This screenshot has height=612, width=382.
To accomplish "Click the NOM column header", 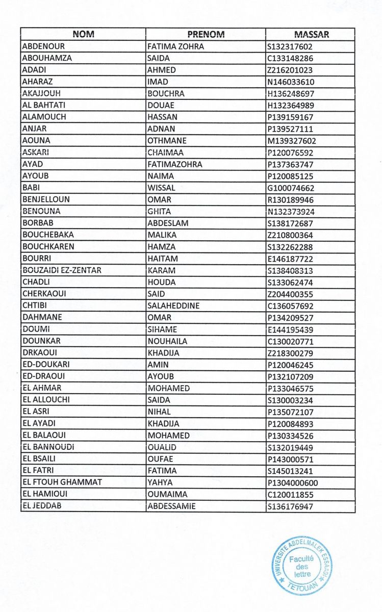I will coord(84,35).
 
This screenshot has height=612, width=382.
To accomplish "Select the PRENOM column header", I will coord(206,35).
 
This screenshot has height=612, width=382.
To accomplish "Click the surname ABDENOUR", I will coord(43,46).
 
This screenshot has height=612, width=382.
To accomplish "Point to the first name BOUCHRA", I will coord(166,94).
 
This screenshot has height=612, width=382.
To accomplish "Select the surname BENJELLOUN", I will coord(46,200).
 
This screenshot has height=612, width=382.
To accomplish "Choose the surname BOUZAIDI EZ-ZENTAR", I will coord(61,271).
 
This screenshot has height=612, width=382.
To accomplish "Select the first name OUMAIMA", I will coord(167,494).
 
